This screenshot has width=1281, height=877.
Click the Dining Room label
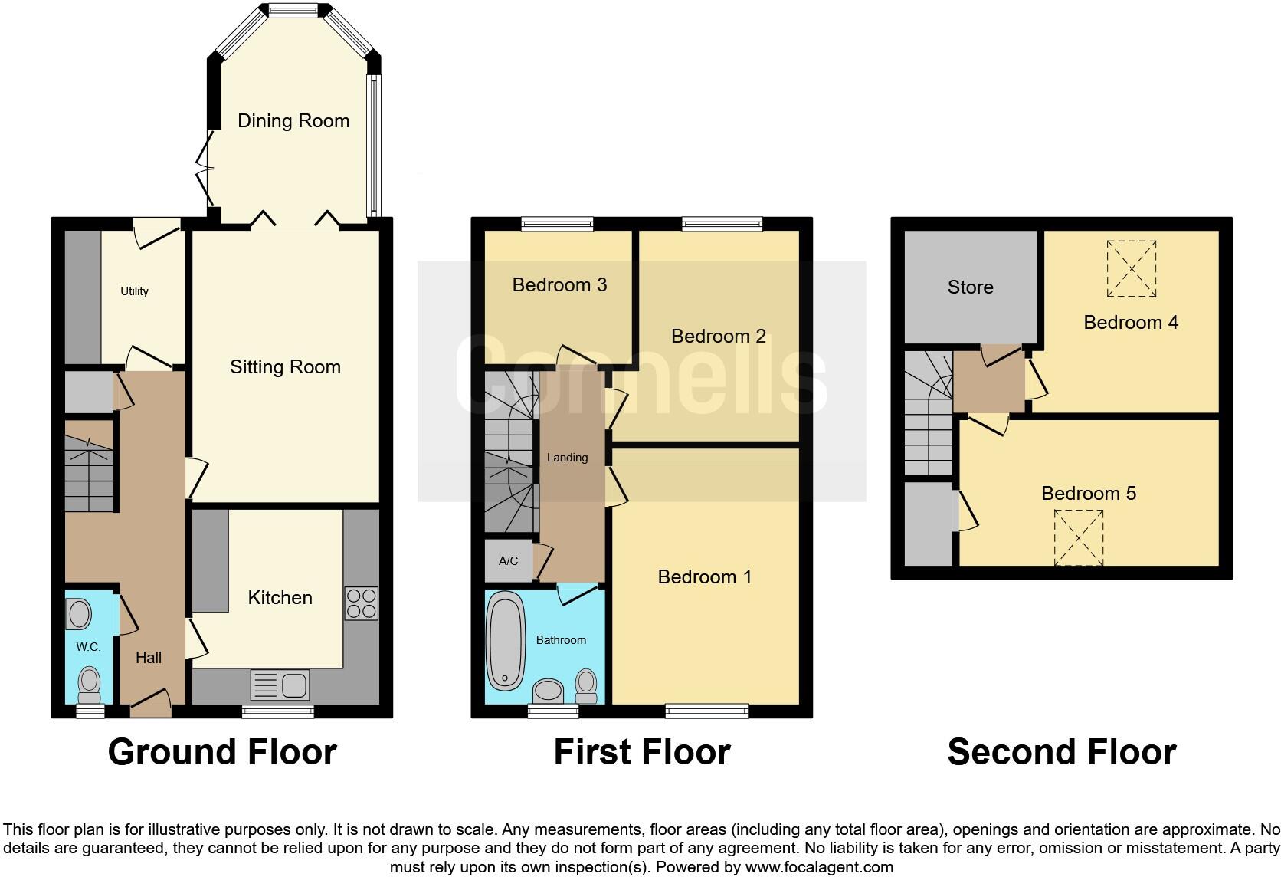(293, 121)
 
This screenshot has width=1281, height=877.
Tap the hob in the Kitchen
(362, 603)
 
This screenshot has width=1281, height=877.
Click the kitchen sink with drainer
(280, 685)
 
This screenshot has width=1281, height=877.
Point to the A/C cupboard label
(508, 561)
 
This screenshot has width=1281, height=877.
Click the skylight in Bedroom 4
(1132, 268)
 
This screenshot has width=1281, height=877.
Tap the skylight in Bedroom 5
(1079, 537)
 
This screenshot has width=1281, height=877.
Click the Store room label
(970, 287)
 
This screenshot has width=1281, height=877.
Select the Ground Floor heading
(222, 752)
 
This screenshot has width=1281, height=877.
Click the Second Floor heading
(1061, 752)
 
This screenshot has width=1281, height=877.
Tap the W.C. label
(88, 647)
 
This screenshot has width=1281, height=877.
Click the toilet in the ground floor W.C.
(90, 684)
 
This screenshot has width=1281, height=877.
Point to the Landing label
(567, 458)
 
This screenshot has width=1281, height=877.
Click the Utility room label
(134, 291)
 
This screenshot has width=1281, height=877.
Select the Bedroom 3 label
(559, 285)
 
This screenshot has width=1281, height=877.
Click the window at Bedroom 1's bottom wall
(706, 711)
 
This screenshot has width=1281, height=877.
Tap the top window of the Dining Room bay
(293, 10)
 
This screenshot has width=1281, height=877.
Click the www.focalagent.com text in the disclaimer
(819, 868)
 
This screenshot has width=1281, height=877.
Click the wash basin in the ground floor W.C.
(79, 614)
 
